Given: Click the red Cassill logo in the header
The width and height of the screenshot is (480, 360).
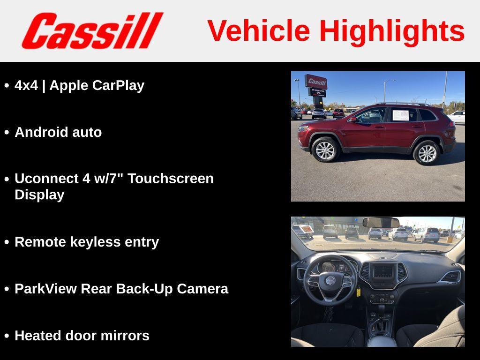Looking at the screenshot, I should point(92,30).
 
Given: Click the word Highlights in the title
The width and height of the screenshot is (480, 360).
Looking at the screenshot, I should point(392,31).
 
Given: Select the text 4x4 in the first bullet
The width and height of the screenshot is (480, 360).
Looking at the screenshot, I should point(26,85).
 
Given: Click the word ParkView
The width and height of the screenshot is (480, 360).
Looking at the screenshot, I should point(45,289).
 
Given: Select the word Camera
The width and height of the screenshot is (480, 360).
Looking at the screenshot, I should point(202,289).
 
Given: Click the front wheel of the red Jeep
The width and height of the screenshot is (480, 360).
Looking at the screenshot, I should point(325,150).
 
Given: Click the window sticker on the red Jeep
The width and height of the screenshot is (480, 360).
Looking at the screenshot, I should point(400,115).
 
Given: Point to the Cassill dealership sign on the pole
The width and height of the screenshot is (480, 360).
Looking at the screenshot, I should point(316,82).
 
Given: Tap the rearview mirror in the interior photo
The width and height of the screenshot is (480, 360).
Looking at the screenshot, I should point(381,223).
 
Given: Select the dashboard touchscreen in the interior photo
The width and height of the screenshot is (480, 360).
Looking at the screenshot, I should point(383,271).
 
